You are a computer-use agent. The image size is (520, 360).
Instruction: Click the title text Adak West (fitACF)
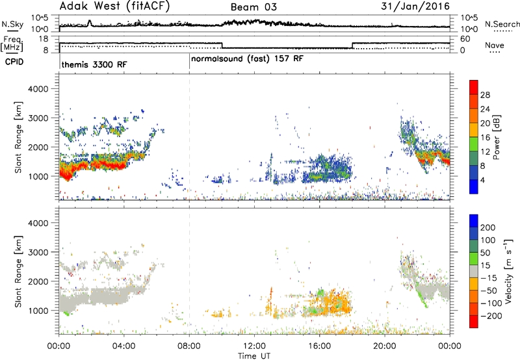(x=114, y=6)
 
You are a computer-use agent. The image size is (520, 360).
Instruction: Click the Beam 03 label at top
(x=253, y=7)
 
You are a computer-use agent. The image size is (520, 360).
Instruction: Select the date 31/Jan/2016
(x=415, y=6)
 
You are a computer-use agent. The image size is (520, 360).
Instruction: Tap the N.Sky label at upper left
(x=12, y=24)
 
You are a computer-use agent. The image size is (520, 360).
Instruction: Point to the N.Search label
(x=502, y=24)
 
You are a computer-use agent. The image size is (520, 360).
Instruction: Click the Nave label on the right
(x=495, y=45)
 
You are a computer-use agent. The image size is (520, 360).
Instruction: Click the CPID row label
(x=14, y=62)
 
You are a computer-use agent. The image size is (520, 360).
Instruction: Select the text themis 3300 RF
(x=94, y=64)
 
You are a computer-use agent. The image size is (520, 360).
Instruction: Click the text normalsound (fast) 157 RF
(x=247, y=59)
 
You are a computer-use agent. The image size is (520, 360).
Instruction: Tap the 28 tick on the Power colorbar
(x=485, y=95)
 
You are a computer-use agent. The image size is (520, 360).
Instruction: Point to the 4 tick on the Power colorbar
(x=482, y=180)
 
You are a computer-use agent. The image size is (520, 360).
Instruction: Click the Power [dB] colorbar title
(x=496, y=137)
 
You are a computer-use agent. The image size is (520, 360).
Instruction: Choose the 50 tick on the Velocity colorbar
(x=485, y=253)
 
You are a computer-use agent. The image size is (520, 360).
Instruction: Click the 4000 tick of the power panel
(x=38, y=89)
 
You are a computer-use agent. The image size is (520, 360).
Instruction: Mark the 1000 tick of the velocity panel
(x=38, y=311)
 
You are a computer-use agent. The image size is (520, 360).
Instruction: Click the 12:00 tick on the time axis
(x=254, y=346)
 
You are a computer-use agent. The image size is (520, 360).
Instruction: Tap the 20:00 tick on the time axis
(x=385, y=346)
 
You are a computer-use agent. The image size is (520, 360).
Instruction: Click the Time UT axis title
(x=254, y=356)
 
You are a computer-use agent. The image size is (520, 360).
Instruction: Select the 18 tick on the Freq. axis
(x=44, y=39)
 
